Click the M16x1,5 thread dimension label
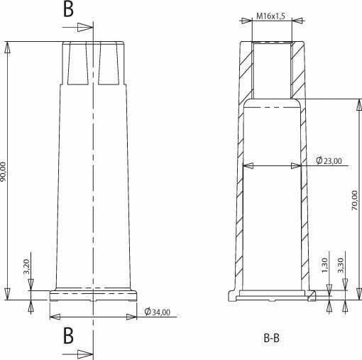pos(270,16)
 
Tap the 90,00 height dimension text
pos(3,172)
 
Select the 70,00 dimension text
pos(354,200)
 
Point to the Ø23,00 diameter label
pos(329,160)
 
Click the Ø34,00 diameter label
pos(158,312)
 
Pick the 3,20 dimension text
pos(26,266)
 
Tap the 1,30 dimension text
pos(325,265)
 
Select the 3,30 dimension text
pos(341,265)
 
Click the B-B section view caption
pos(271,338)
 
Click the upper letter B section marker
pos(68,9)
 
